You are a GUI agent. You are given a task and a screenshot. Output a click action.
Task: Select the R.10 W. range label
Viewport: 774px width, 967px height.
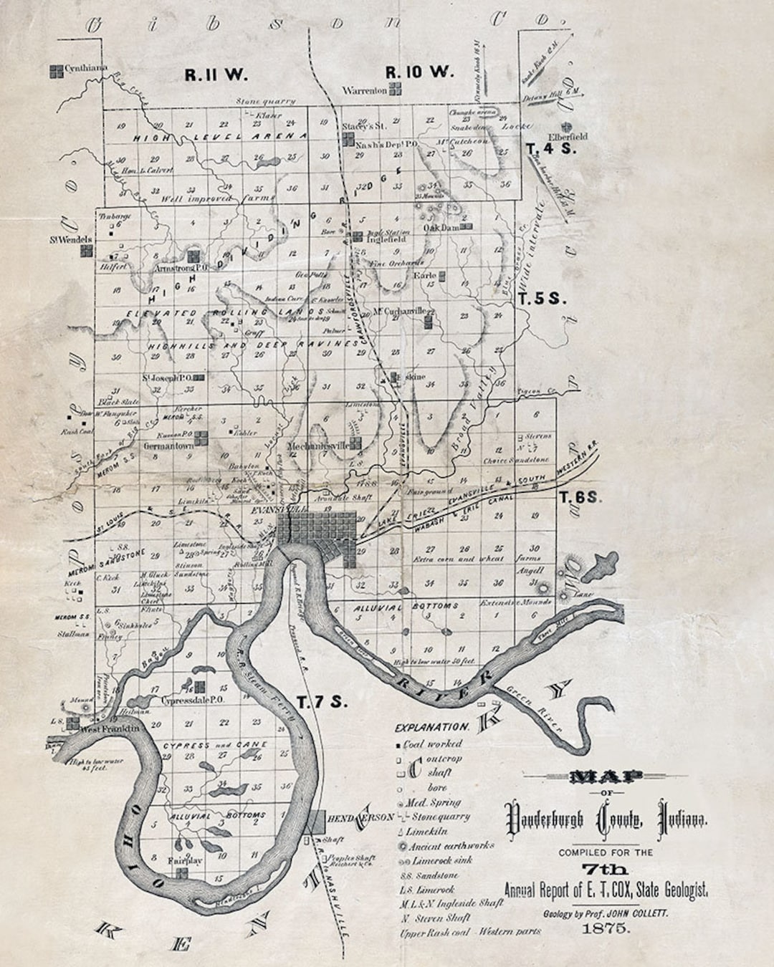(x=419, y=72)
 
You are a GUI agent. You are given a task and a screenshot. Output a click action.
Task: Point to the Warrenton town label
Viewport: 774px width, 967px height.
(x=364, y=91)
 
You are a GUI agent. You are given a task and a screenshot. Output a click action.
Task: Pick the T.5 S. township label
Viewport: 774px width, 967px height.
(x=543, y=299)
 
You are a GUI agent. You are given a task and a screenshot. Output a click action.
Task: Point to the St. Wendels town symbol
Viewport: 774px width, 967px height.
(x=87, y=251)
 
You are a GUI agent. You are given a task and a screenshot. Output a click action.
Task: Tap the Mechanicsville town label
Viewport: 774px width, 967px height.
(x=317, y=446)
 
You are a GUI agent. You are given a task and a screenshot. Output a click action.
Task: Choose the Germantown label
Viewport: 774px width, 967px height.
(x=169, y=445)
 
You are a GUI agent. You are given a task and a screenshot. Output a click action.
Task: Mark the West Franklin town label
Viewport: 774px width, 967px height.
(x=107, y=728)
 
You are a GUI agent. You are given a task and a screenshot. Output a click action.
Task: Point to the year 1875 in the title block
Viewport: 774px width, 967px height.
(x=607, y=928)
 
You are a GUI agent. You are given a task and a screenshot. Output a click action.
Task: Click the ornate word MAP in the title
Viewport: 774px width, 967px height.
(x=606, y=776)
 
